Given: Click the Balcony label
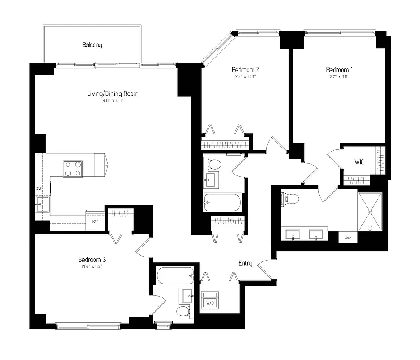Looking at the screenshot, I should (92, 45).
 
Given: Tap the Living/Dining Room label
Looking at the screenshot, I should (113, 94).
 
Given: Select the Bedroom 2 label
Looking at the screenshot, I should (245, 70).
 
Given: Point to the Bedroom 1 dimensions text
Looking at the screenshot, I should (339, 77).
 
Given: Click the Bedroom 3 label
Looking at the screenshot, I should (92, 260).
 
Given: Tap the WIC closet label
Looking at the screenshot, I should (359, 161).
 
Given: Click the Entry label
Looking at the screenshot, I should (245, 263).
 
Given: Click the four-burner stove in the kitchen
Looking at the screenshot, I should (72, 169).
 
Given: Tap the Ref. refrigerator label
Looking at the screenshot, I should (95, 221).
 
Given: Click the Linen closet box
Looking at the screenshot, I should (348, 237).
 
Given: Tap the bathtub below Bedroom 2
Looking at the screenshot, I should (222, 202).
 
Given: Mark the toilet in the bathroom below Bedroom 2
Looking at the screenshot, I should (214, 164).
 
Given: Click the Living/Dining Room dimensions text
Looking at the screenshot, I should (113, 101).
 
